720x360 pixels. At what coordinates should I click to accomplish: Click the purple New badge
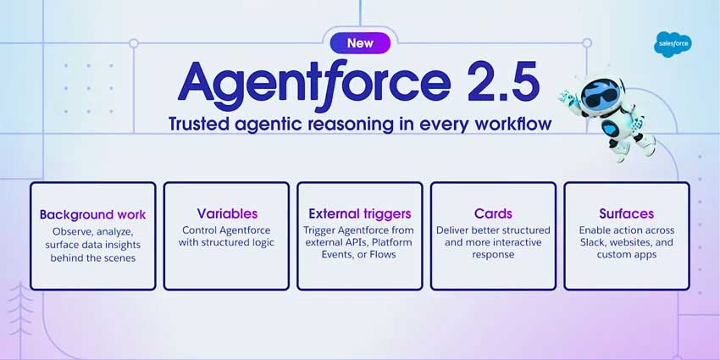[357, 42]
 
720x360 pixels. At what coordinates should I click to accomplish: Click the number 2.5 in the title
[492, 83]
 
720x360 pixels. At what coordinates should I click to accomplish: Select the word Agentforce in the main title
[313, 83]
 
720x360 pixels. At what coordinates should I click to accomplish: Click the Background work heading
[92, 214]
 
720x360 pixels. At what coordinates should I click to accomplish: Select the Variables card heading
[227, 213]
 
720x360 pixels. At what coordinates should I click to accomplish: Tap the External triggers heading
[360, 213]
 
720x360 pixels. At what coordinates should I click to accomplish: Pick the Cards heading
[493, 213]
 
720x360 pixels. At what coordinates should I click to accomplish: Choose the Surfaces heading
[626, 213]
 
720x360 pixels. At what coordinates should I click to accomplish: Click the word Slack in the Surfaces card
[595, 242]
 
